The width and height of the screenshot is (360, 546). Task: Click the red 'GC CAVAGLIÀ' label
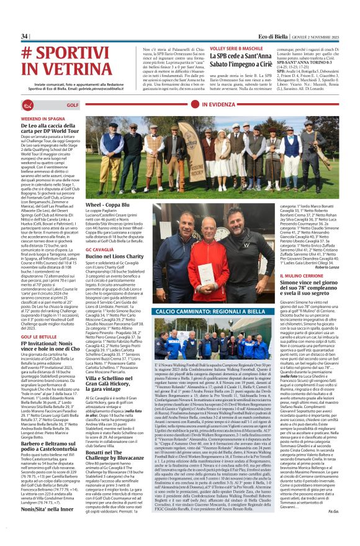(99, 249)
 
